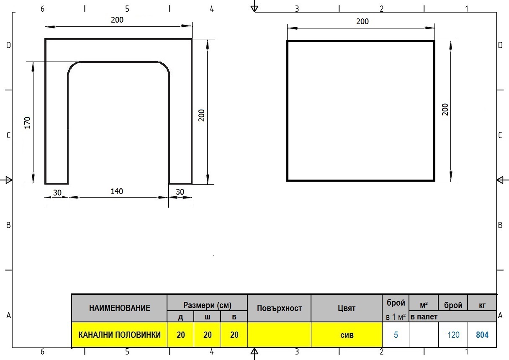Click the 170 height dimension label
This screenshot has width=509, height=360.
[x=27, y=123]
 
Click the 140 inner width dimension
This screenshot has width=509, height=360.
[x=117, y=191]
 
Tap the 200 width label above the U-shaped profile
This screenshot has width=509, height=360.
[x=117, y=20]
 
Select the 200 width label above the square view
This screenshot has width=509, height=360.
[x=362, y=22]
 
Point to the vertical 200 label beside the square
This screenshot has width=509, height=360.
[x=445, y=110]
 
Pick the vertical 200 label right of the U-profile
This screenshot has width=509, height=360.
[x=202, y=116]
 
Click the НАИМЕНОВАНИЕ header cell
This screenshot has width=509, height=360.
[x=120, y=308]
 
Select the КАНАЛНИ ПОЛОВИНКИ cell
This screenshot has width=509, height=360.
[x=120, y=335]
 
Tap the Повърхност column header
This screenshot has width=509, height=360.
[x=279, y=308]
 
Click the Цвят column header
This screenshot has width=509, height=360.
[x=347, y=308]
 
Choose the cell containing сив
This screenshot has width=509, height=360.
[x=347, y=335]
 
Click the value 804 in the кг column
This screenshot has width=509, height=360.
[x=482, y=335]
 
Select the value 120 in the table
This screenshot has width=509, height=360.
[x=453, y=335]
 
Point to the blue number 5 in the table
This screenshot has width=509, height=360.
[x=396, y=335]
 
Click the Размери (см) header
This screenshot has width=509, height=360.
[x=207, y=305]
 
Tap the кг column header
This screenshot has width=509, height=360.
[x=482, y=305]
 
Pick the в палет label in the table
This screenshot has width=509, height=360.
[x=424, y=316]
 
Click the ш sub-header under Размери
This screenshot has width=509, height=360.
[x=207, y=317]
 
